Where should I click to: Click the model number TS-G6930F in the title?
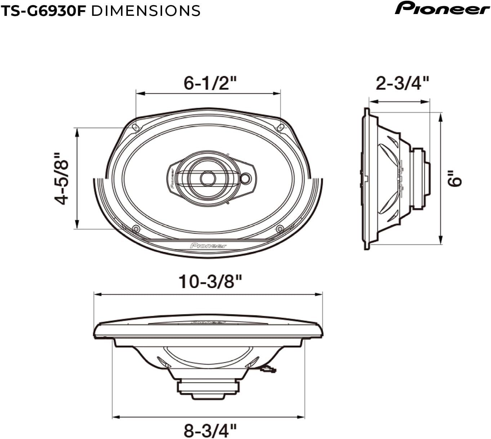43,10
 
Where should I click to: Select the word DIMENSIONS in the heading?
146,10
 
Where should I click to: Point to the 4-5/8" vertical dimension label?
62,179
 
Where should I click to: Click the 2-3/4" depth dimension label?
402,83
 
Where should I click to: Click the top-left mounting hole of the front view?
135,127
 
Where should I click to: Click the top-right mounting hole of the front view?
281,127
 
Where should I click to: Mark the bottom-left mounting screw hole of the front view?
136,229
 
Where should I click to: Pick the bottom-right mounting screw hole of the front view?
280,229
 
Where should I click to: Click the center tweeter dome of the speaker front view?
207,178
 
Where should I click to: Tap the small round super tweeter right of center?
246,178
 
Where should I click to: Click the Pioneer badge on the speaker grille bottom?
208,246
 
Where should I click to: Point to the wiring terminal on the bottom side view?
268,369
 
